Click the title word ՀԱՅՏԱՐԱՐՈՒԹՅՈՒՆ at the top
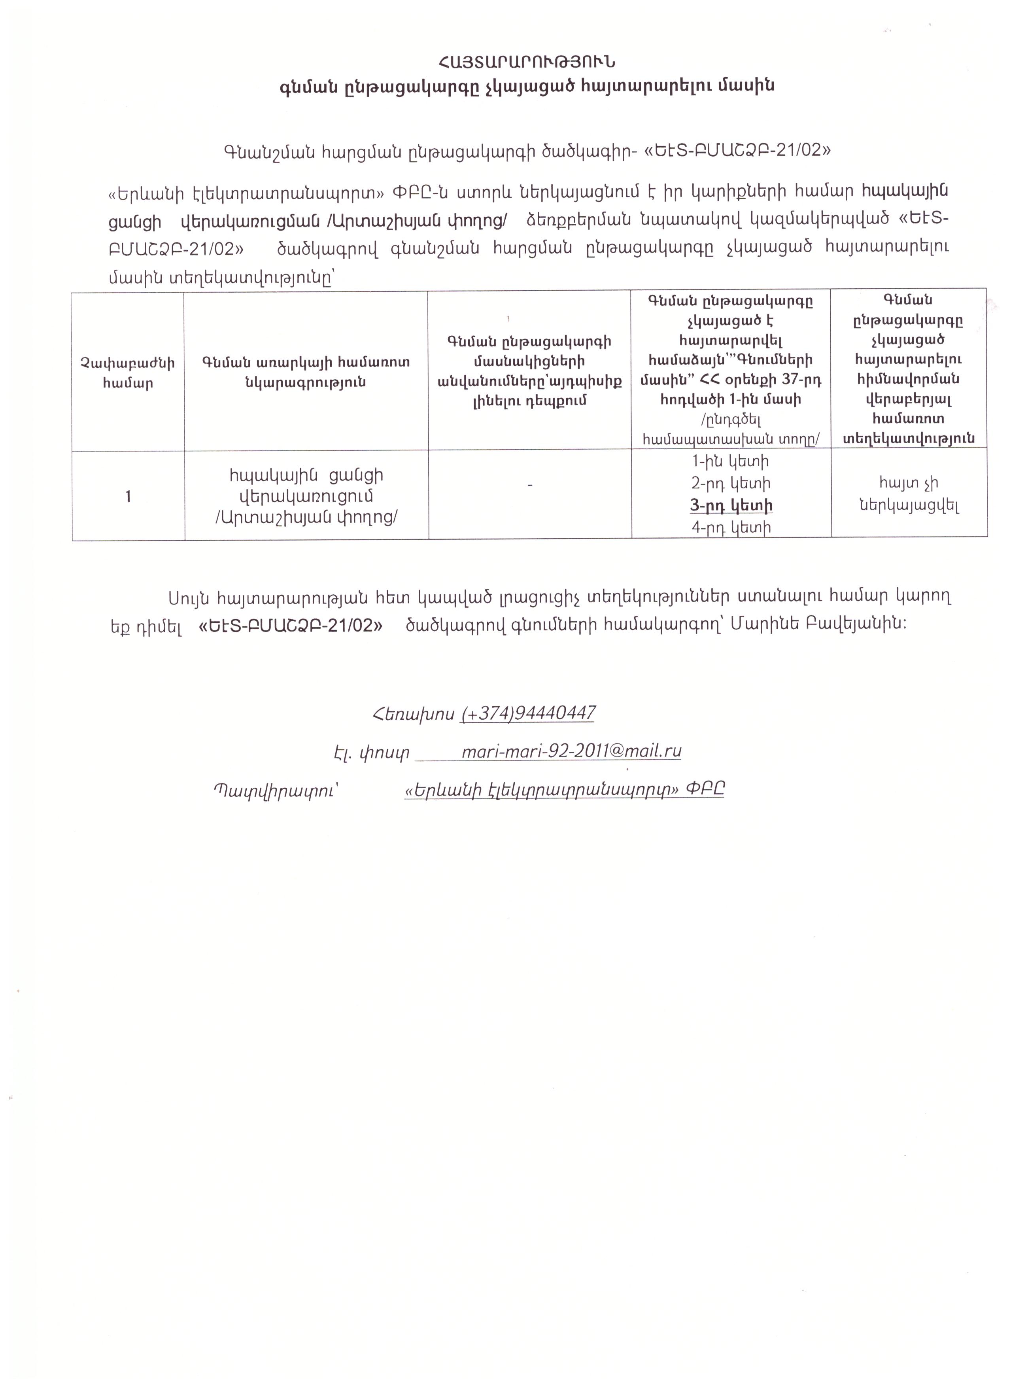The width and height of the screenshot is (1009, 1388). coord(525,62)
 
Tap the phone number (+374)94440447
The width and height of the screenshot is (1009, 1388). coord(527,713)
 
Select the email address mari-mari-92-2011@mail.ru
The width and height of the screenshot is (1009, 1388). coord(571,751)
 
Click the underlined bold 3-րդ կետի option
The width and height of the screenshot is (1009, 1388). coord(731,505)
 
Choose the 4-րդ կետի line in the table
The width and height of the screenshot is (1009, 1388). coord(731,528)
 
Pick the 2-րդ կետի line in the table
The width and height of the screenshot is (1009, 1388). coord(731,484)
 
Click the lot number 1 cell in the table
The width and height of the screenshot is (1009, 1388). coord(128,496)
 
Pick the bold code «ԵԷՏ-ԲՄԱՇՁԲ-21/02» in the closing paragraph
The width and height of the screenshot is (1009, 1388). coord(291,625)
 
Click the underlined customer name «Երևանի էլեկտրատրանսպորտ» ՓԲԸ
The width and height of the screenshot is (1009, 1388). coord(564,789)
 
